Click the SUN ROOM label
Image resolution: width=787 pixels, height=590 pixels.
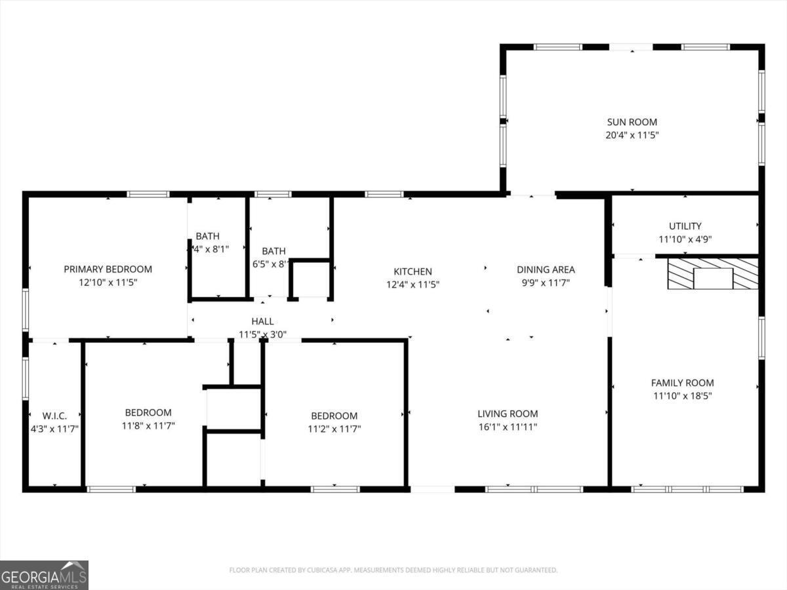pyautogui.click(x=632, y=122)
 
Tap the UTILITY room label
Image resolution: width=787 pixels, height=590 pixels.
pyautogui.click(x=685, y=226)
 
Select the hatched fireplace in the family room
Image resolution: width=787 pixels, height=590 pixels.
pyautogui.click(x=712, y=274)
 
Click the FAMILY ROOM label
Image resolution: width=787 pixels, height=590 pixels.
pyautogui.click(x=682, y=383)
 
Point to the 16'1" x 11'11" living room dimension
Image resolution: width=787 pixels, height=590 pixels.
pyautogui.click(x=508, y=427)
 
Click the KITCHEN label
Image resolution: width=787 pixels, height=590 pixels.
pyautogui.click(x=413, y=271)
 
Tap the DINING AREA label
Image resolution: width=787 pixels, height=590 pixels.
pyautogui.click(x=546, y=269)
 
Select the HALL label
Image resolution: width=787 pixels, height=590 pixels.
pyautogui.click(x=262, y=321)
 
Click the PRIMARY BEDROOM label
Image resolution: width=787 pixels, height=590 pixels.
pyautogui.click(x=108, y=269)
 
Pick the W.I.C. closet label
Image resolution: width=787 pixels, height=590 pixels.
pyautogui.click(x=54, y=416)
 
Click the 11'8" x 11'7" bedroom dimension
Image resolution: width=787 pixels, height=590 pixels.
pyautogui.click(x=148, y=425)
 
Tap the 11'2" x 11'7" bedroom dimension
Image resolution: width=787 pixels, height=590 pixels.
pyautogui.click(x=334, y=429)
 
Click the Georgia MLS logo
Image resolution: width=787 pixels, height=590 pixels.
pyautogui.click(x=44, y=575)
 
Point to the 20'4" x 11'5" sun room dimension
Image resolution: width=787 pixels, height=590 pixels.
pyautogui.click(x=632, y=135)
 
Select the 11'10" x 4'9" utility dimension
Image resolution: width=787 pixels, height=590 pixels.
pyautogui.click(x=685, y=239)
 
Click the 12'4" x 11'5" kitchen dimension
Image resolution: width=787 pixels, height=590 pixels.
pyautogui.click(x=413, y=285)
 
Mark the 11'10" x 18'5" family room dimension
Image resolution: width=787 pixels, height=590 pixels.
pyautogui.click(x=682, y=396)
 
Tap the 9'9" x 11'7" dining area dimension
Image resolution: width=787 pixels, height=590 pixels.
pyautogui.click(x=546, y=283)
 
